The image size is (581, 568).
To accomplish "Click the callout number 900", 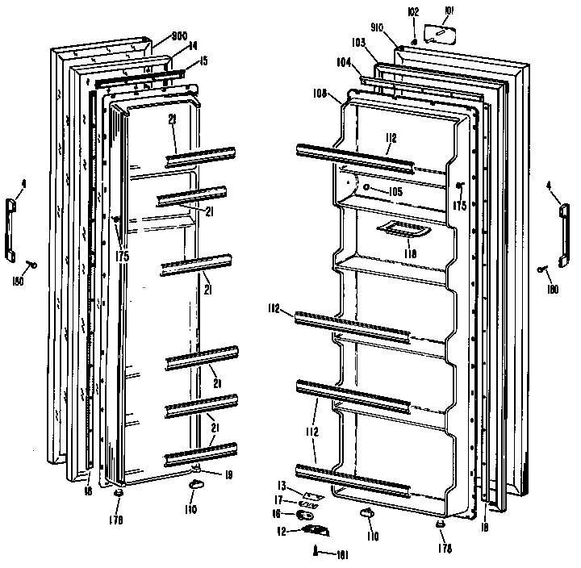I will point(179,36).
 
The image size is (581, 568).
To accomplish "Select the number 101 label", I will point(449,12).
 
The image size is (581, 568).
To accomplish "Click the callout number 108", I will point(320,94).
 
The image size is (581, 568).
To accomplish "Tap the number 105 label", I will point(395,191).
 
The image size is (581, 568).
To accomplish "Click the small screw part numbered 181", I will point(313,551).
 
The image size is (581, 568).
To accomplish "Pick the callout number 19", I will point(228,475).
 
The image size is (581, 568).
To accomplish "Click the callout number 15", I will point(204,61).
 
